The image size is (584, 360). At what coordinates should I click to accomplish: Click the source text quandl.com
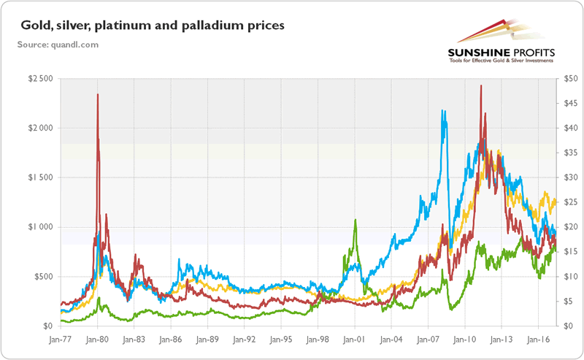[x=58, y=45]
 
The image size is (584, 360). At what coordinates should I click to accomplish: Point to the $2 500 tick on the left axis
[x=39, y=78]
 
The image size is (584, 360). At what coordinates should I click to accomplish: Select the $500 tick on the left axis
[x=42, y=277]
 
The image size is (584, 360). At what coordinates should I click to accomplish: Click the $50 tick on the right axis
[x=568, y=78]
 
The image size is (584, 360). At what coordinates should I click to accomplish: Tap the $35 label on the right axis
[x=568, y=153]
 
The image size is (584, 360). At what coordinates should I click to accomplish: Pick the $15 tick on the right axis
[x=568, y=252]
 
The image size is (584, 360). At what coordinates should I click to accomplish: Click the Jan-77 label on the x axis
[x=61, y=340]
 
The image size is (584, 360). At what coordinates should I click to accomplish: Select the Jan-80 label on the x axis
[x=97, y=340]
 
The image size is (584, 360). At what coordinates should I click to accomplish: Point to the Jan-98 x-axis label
[x=318, y=340]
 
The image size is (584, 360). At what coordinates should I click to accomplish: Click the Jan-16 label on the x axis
[x=538, y=340]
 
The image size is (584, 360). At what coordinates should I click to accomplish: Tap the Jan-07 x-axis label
[x=428, y=340]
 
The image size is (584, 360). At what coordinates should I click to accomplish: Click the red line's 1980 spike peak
[x=98, y=94]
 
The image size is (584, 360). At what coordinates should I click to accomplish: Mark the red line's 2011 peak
[x=480, y=85]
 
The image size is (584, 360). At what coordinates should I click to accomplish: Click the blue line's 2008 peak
[x=443, y=111]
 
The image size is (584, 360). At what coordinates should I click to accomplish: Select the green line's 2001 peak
[x=355, y=220]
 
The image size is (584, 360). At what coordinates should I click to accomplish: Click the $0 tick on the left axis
[x=47, y=326]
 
